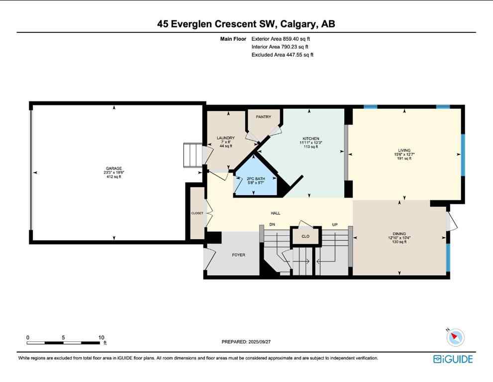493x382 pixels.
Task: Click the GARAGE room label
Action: click(113, 169)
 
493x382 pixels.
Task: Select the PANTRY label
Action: click(263, 116)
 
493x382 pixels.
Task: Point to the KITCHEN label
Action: click(311, 139)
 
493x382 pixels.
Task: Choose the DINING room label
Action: click(399, 234)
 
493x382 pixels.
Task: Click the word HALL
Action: click(276, 213)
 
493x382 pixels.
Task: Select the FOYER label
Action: click(239, 255)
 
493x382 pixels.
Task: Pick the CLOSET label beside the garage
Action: click(197, 213)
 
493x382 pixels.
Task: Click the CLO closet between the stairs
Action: click(305, 236)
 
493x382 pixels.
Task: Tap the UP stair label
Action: click(335, 225)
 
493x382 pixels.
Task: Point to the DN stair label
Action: click(272, 225)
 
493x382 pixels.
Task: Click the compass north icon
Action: click(455, 338)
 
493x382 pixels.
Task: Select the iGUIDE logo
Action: click(453, 359)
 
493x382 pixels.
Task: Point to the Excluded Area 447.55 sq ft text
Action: click(282, 55)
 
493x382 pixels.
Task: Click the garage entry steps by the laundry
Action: click(193, 156)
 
